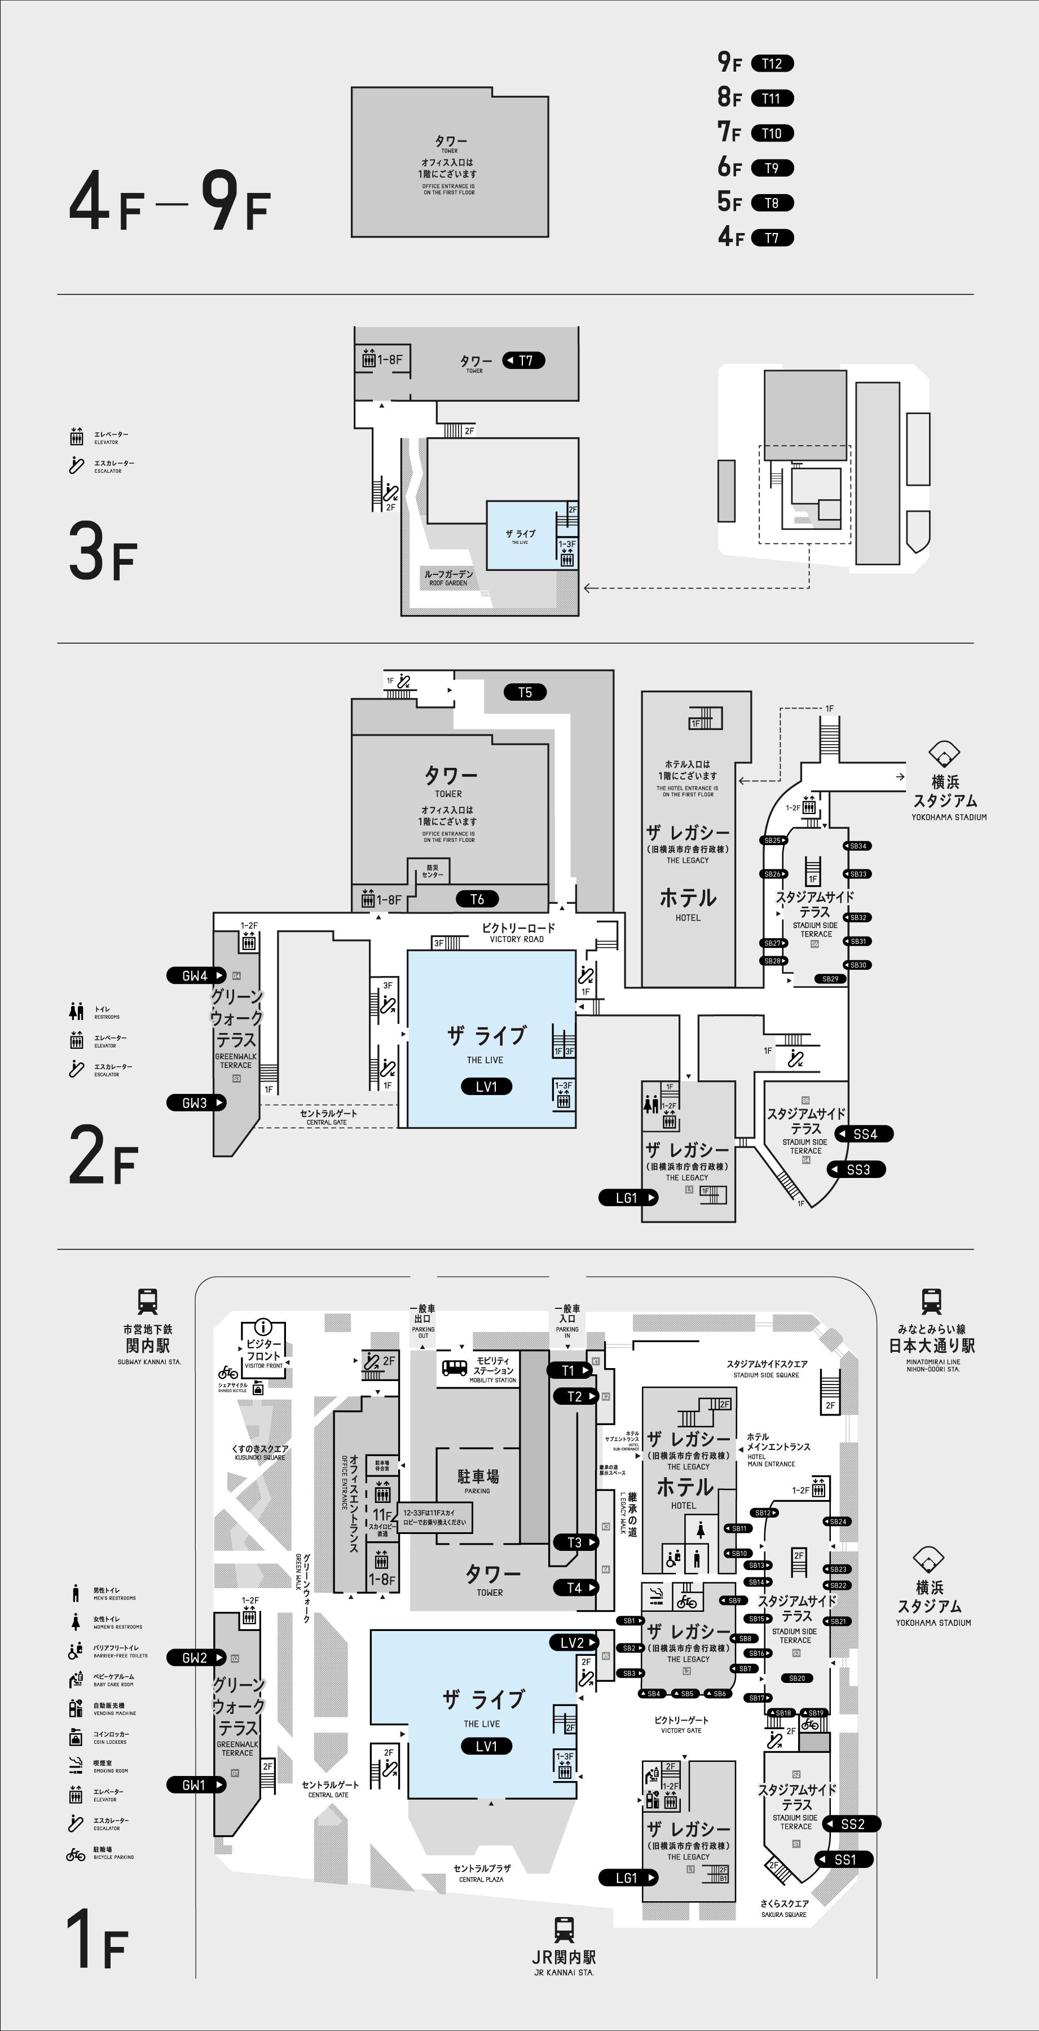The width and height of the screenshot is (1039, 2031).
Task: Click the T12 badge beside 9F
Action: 772,64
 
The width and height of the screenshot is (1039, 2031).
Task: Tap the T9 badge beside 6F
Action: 771,168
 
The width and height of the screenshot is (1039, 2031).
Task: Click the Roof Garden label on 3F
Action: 448,577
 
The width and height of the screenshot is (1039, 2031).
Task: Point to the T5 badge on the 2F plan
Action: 525,692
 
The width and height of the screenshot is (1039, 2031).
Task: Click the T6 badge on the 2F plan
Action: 477,899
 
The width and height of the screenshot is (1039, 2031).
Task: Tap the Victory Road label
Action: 517,932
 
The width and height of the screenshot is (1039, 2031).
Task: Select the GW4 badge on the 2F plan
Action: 196,975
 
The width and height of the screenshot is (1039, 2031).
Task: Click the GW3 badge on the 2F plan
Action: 196,1103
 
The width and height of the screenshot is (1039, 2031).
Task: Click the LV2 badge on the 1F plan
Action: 573,1643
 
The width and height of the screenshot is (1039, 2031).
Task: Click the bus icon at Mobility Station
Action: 454,1368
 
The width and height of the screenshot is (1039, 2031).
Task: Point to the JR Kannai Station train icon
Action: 563,1930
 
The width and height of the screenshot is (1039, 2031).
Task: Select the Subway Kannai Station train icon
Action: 147,1301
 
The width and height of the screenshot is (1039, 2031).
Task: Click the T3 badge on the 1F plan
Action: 575,1543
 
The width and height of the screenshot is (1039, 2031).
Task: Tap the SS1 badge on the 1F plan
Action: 844,1859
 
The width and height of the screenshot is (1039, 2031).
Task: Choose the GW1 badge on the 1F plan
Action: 195,1785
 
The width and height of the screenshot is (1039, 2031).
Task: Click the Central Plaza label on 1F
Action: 482,1872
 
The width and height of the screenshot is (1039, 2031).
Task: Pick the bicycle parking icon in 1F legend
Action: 76,1854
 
